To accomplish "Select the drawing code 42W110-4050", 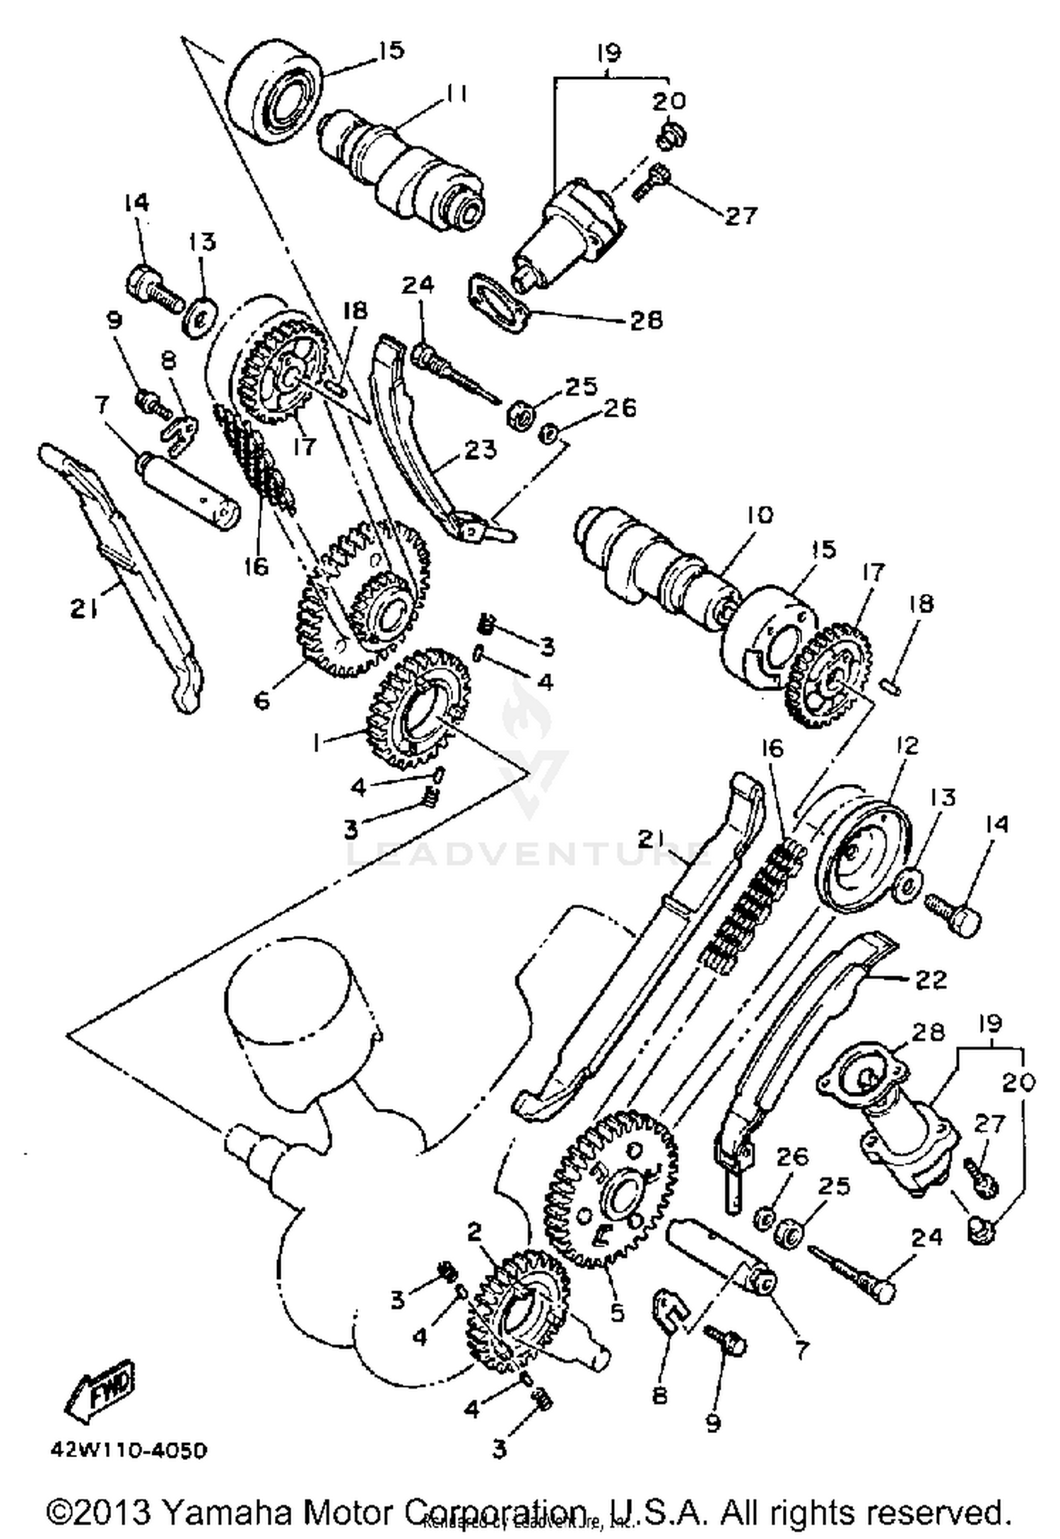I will [x=129, y=1451].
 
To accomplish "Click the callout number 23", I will [x=480, y=449].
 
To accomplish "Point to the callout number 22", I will [x=930, y=979].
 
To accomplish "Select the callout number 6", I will [x=261, y=701].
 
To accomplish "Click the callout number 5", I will [x=617, y=1313].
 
